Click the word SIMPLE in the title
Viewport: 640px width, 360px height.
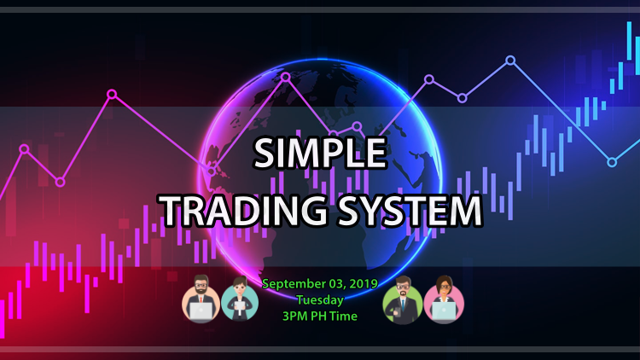coord(320,154)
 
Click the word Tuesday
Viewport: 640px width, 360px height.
coord(320,299)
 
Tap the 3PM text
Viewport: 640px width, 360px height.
coord(294,315)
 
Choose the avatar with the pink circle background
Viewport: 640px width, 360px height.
coord(443,299)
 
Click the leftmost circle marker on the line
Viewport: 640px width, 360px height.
coord(24,149)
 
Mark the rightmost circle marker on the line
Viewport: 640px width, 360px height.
coord(612,162)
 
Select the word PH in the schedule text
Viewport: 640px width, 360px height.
coord(317,315)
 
